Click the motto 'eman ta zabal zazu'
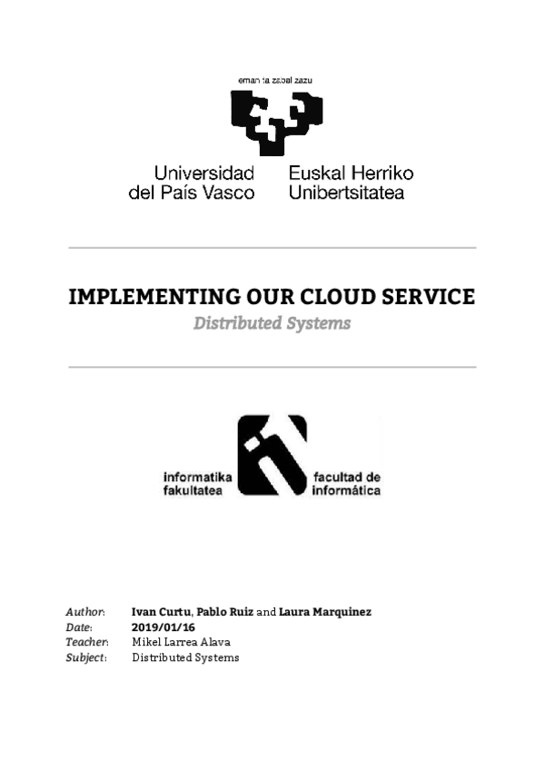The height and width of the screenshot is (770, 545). [x=274, y=81]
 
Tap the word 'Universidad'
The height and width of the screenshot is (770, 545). [x=203, y=173]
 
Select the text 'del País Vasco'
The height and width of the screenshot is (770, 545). [x=192, y=192]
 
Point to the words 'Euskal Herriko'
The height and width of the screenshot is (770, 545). [x=351, y=173]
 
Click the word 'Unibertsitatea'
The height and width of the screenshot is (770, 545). [x=346, y=192]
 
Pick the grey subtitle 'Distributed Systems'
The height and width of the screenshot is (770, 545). [x=272, y=323]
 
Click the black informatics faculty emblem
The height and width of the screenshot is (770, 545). [x=272, y=454]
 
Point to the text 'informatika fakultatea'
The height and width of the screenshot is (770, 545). [x=198, y=483]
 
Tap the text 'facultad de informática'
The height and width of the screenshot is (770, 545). [x=346, y=483]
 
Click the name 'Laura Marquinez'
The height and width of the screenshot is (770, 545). [x=324, y=612]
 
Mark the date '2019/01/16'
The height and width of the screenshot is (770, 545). [x=163, y=627]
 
